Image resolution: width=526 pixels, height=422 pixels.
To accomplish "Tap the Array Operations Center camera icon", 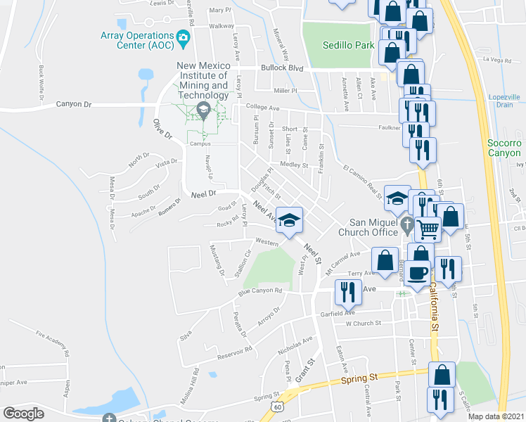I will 184,38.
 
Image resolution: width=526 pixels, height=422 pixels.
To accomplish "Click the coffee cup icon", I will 418,273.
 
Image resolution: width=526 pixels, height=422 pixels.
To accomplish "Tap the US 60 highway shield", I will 279,407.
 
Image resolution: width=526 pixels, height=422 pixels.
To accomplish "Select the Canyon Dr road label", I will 74,104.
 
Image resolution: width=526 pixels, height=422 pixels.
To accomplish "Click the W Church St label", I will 363,324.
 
